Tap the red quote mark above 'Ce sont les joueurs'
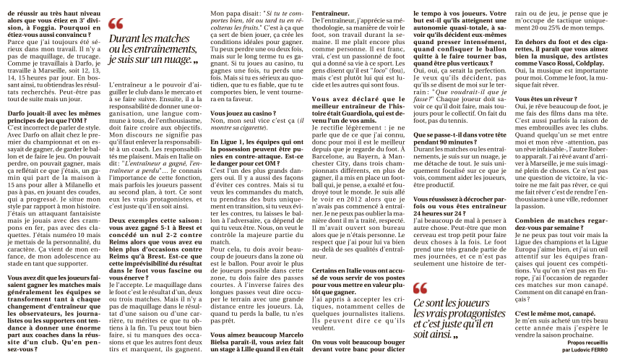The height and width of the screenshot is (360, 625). [421, 288]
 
